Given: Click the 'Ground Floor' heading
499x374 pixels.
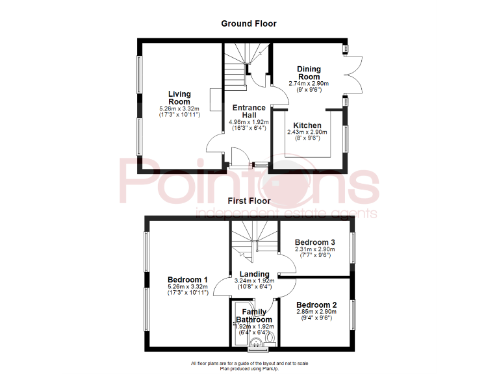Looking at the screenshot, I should coord(249,23).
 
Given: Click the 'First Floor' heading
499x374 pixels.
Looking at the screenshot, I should coord(249,201).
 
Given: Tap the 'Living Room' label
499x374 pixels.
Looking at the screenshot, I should coord(179,98).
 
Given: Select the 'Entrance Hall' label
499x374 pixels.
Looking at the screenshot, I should coord(249,111).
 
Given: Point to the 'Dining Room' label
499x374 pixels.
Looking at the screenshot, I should coord(309,73).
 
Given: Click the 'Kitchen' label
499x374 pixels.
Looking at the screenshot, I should coord(307,125).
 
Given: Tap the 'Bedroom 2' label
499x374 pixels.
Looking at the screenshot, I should coord(316,305).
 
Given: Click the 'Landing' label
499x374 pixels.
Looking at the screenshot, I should coord(253,274).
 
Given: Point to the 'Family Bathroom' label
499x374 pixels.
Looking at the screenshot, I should coord(253,316).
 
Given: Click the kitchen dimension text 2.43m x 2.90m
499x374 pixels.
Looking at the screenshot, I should coord(307,132).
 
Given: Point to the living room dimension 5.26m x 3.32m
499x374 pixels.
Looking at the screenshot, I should coord(179,108).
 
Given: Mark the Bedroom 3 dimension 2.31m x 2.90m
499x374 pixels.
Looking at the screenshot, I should coord(315,249).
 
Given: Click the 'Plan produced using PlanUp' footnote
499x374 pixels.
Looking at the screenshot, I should coord(249,368).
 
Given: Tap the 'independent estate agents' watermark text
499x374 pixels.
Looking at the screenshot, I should coord(286,214).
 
